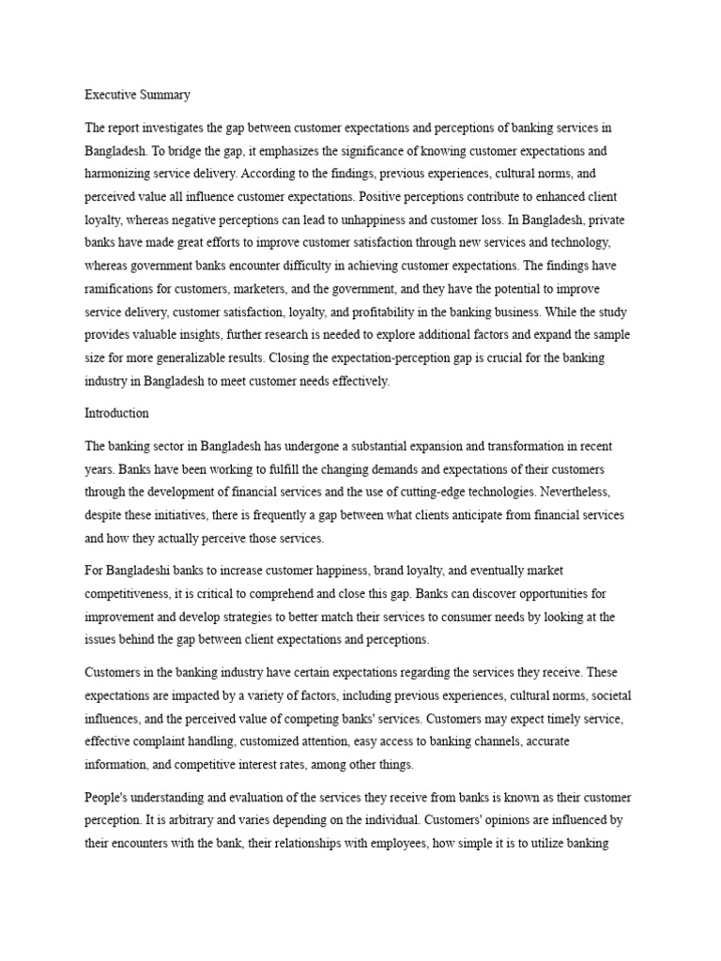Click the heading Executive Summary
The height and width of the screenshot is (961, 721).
pyautogui.click(x=137, y=94)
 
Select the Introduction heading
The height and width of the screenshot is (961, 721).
pyautogui.click(x=116, y=413)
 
